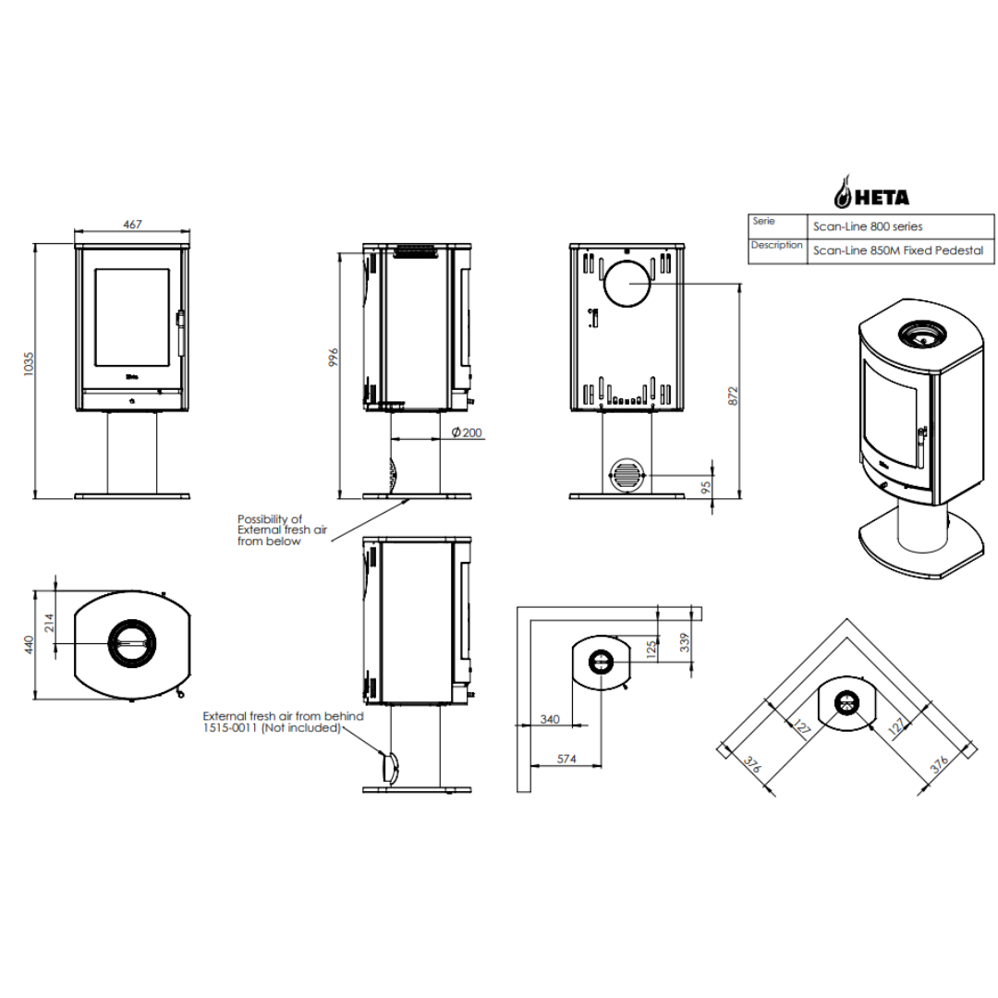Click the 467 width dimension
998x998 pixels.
click(132, 224)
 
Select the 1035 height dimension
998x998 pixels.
click(29, 364)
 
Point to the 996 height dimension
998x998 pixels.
click(334, 357)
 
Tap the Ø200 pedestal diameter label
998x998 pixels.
click(467, 432)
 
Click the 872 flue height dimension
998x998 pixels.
click(733, 396)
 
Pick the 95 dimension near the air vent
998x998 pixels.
click(705, 488)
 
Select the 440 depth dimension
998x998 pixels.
click(29, 644)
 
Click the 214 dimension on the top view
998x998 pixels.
click(50, 623)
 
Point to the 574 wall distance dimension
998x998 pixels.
click(566, 759)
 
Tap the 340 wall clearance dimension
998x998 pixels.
click(550, 719)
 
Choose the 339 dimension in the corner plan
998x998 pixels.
click(684, 641)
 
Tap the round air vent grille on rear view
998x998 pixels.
click(627, 475)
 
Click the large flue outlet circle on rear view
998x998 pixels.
click(627, 284)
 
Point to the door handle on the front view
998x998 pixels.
click(181, 333)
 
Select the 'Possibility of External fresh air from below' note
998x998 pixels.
click(282, 530)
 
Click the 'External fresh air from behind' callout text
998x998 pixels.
click(284, 716)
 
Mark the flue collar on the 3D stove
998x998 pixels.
click(921, 334)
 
